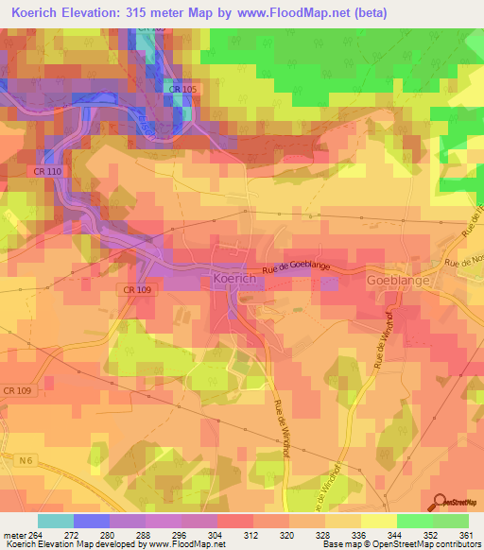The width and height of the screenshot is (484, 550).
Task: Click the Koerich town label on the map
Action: (232, 280)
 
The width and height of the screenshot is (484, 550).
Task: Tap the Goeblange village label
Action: (398, 281)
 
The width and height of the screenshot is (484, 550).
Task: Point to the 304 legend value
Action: (217, 534)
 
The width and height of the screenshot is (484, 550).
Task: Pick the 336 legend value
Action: (361, 534)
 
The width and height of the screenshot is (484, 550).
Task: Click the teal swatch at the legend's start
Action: (56, 521)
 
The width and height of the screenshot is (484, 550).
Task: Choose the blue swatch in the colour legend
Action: (92, 521)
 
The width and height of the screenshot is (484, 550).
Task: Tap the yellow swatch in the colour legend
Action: (379, 521)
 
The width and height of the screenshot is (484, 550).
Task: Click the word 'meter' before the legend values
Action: (16, 534)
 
